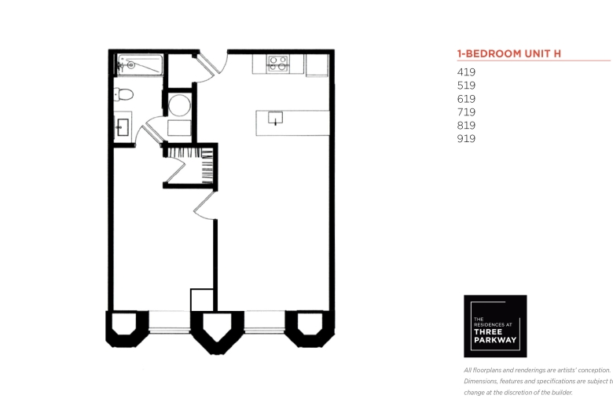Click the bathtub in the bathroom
click(140, 64)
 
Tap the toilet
click(123, 94)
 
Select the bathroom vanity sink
click(123, 127)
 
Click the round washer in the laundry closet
click(179, 105)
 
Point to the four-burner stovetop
click(278, 64)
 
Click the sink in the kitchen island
click(275, 118)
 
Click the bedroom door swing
click(205, 205)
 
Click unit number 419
click(466, 72)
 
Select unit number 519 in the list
click(466, 86)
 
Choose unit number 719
click(466, 112)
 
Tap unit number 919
click(466, 139)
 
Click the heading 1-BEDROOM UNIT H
click(509, 53)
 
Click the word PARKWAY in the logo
click(495, 340)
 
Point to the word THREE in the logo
click(488, 331)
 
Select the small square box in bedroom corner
click(202, 300)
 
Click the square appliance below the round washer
click(179, 128)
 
